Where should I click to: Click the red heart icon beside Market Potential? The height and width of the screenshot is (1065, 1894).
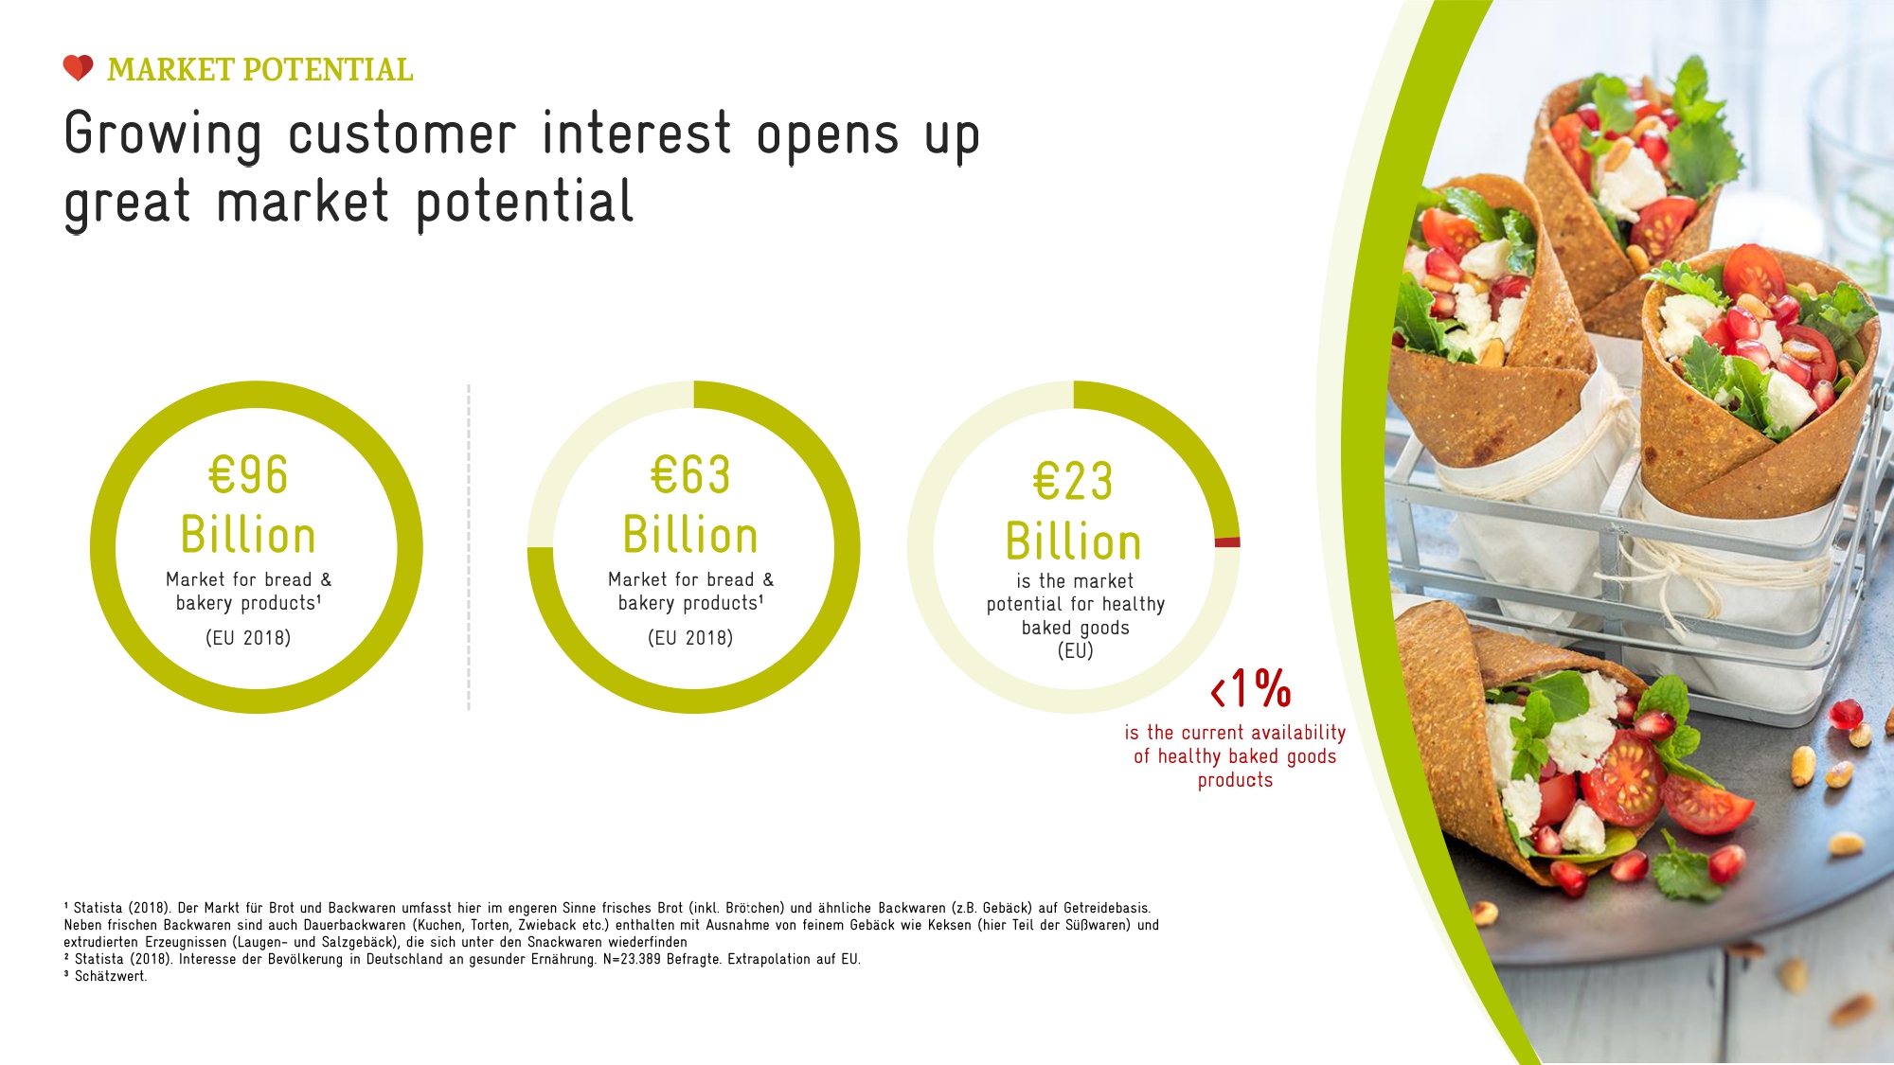tap(78, 68)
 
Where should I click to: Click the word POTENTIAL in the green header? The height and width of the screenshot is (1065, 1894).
tap(328, 70)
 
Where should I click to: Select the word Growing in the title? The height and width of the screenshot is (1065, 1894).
tap(163, 135)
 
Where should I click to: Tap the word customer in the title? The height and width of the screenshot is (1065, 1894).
tap(402, 133)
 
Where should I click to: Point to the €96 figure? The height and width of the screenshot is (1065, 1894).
tap(248, 475)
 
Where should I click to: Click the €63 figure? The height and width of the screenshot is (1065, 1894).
tap(690, 475)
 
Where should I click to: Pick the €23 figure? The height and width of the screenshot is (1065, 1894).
tap(1073, 482)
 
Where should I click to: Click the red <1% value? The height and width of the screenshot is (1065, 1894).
tap(1251, 688)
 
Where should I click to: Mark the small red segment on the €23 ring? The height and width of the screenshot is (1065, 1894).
tap(1227, 542)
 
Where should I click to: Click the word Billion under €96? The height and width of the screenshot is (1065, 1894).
tap(248, 535)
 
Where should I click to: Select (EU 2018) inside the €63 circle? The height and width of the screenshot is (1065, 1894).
tap(690, 638)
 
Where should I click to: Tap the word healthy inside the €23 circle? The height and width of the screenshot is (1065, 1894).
tap(1134, 605)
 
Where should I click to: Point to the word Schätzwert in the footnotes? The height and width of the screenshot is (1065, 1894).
tap(111, 977)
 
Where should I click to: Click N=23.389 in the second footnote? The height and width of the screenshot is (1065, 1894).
tap(632, 959)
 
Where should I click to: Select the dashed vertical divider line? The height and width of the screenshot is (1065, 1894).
tap(469, 547)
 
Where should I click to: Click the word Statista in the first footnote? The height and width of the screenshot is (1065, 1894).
tap(98, 908)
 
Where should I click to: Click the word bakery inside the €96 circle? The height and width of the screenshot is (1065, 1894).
tap(204, 604)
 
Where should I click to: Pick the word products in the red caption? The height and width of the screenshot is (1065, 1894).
tap(1235, 781)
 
